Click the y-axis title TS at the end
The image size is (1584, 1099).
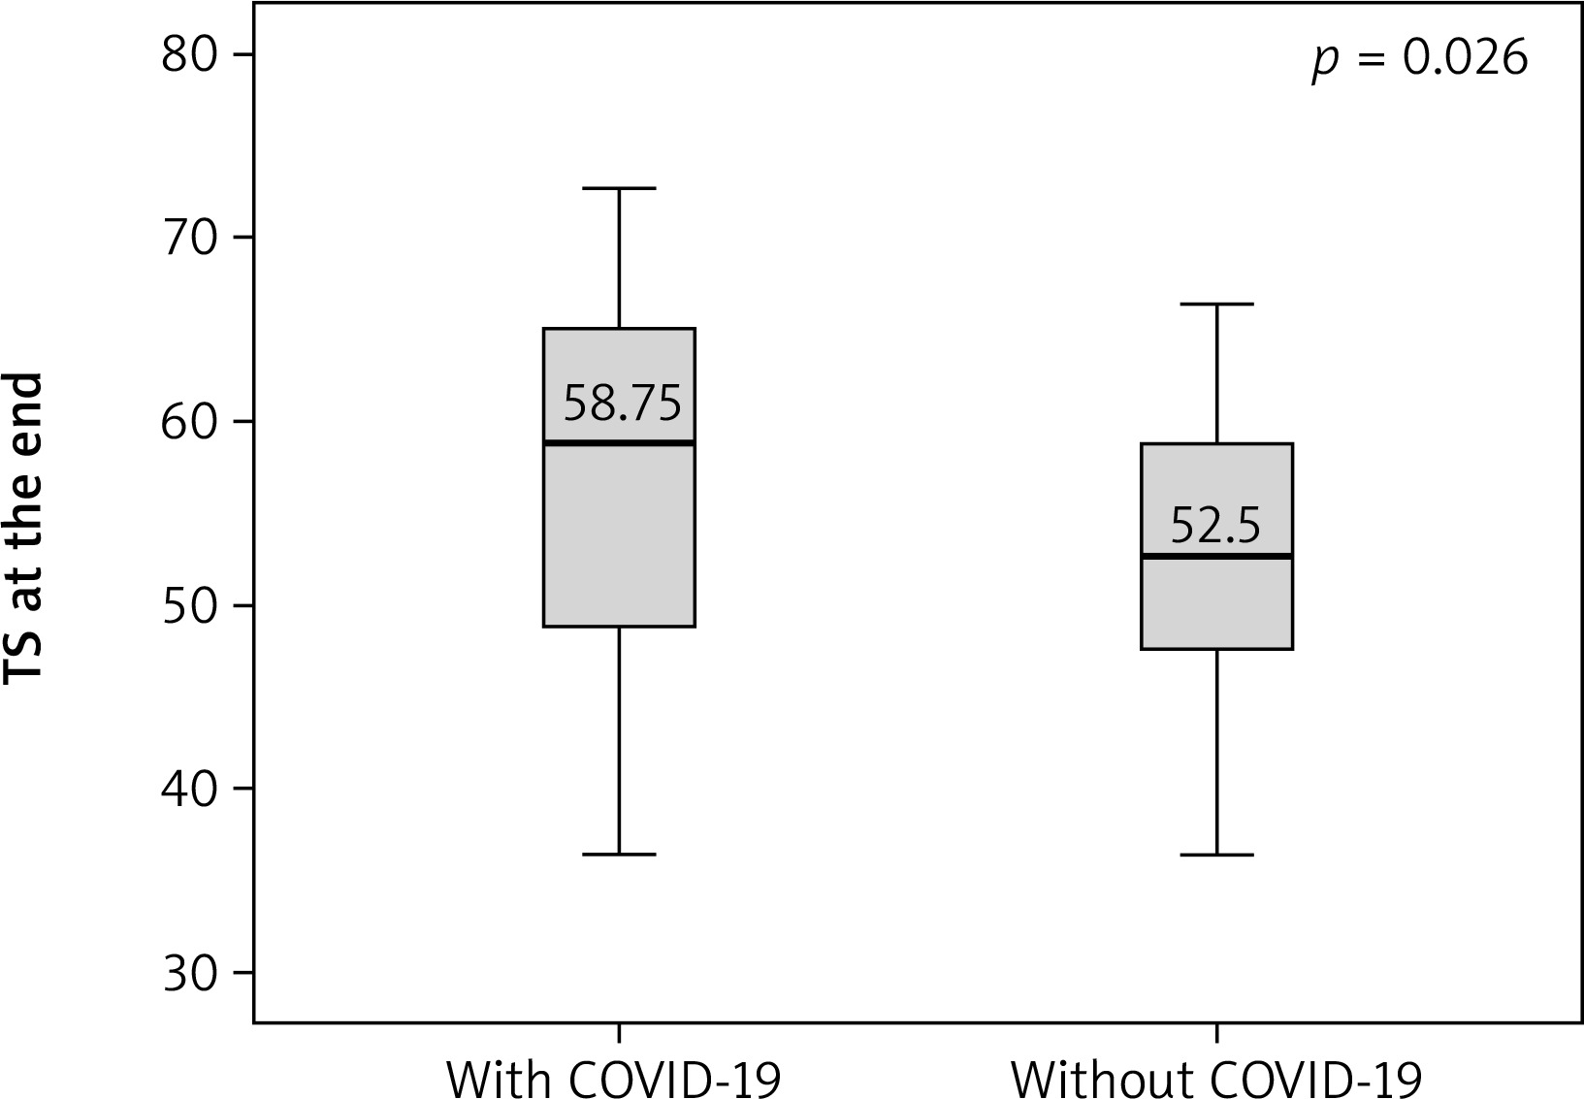[25, 529]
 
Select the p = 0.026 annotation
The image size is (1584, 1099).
[1420, 59]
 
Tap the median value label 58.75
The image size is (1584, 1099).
[622, 404]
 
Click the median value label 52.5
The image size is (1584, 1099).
[1215, 525]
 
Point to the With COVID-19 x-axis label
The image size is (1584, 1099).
[613, 1078]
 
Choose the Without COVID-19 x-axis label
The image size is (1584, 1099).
[1216, 1078]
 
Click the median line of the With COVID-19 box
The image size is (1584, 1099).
[619, 442]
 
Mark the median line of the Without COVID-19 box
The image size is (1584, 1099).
[1216, 556]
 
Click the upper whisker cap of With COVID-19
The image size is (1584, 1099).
[619, 188]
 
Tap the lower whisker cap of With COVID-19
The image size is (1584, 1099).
[619, 855]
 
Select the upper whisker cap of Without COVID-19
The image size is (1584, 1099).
[1216, 304]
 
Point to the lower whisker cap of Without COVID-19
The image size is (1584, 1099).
[1216, 855]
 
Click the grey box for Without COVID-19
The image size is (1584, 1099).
[1216, 601]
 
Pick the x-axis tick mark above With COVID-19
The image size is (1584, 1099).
[619, 1032]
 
